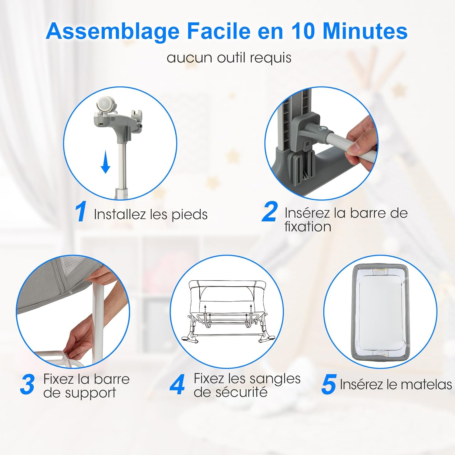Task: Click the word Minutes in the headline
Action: pos(365,31)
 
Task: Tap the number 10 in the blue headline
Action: pos(302,31)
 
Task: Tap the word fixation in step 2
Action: pos(308,227)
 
